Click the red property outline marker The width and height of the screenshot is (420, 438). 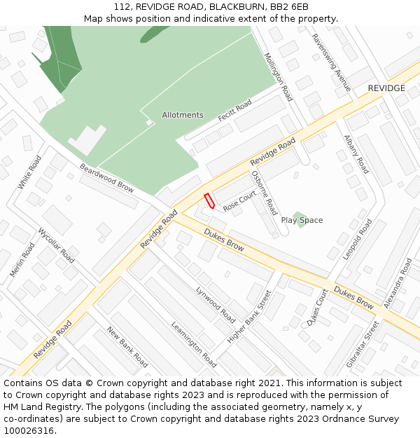[x=208, y=201]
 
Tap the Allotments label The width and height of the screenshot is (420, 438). [x=183, y=115]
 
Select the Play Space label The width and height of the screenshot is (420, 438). [x=302, y=220]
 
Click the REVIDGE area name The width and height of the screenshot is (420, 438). [x=386, y=88]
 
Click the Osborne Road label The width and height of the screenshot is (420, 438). [x=265, y=193]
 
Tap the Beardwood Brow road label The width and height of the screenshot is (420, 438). [x=106, y=178]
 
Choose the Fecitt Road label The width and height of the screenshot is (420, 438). [x=234, y=109]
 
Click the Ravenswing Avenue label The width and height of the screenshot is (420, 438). [x=331, y=62]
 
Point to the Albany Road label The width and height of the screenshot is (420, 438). [x=356, y=154]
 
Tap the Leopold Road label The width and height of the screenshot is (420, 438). [x=358, y=240]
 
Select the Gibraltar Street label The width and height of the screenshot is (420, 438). [x=363, y=344]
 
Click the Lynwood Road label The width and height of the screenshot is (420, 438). [x=216, y=303]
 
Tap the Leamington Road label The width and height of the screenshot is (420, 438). [x=194, y=344]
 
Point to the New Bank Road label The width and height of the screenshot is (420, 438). [x=127, y=347]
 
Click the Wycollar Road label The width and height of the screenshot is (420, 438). [x=56, y=245]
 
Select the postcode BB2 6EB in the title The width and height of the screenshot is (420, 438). [x=289, y=6]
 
